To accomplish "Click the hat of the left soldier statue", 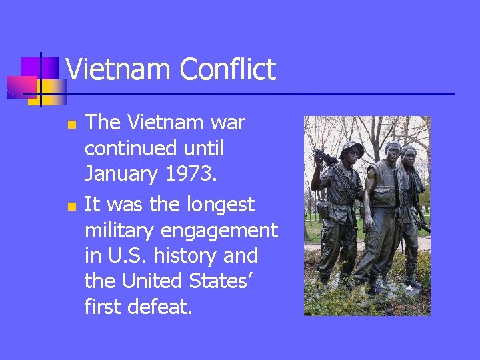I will (x=351, y=148).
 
